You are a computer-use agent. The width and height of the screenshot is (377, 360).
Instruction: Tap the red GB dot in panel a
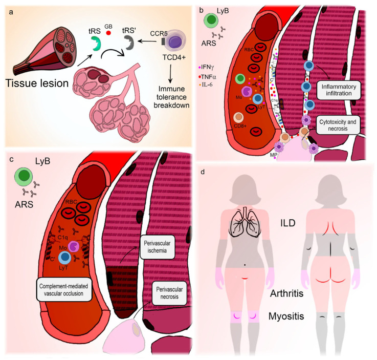click(108, 33)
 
